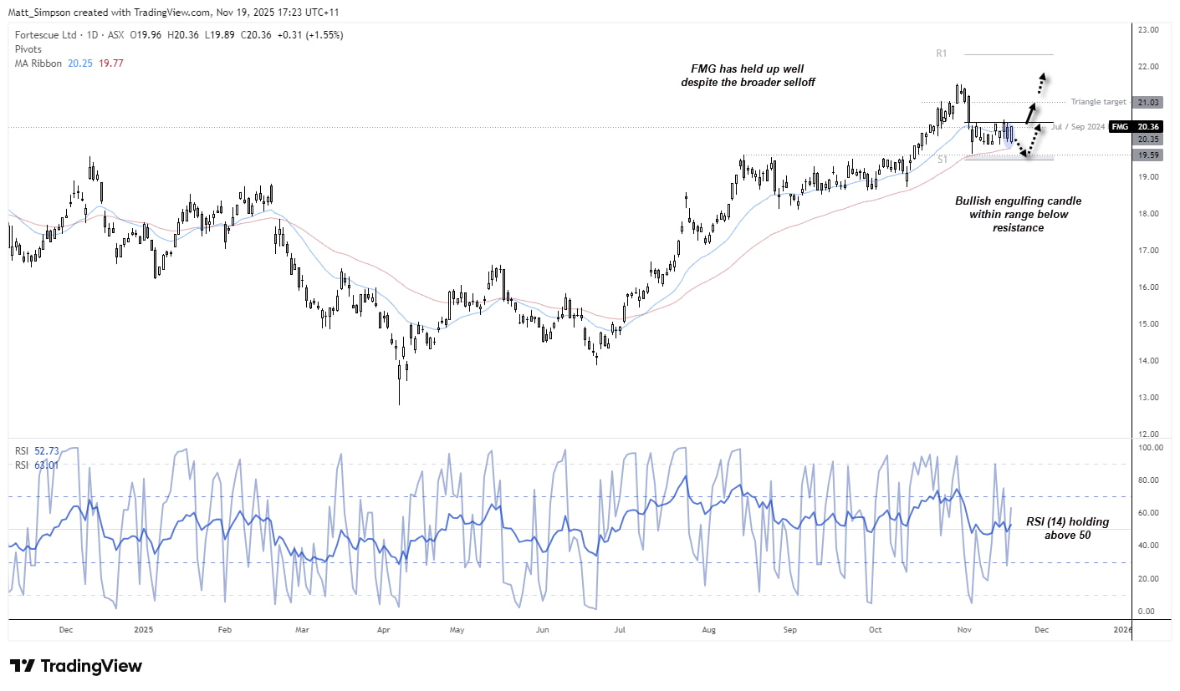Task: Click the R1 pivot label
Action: pos(941,53)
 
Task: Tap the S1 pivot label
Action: pos(942,159)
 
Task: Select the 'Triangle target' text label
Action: pos(1097,102)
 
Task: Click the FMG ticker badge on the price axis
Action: pos(1121,127)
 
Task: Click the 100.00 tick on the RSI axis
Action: pos(1147,448)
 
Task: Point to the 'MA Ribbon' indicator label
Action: pos(38,63)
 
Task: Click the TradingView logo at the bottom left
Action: pos(76,666)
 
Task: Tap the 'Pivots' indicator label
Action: pos(29,49)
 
